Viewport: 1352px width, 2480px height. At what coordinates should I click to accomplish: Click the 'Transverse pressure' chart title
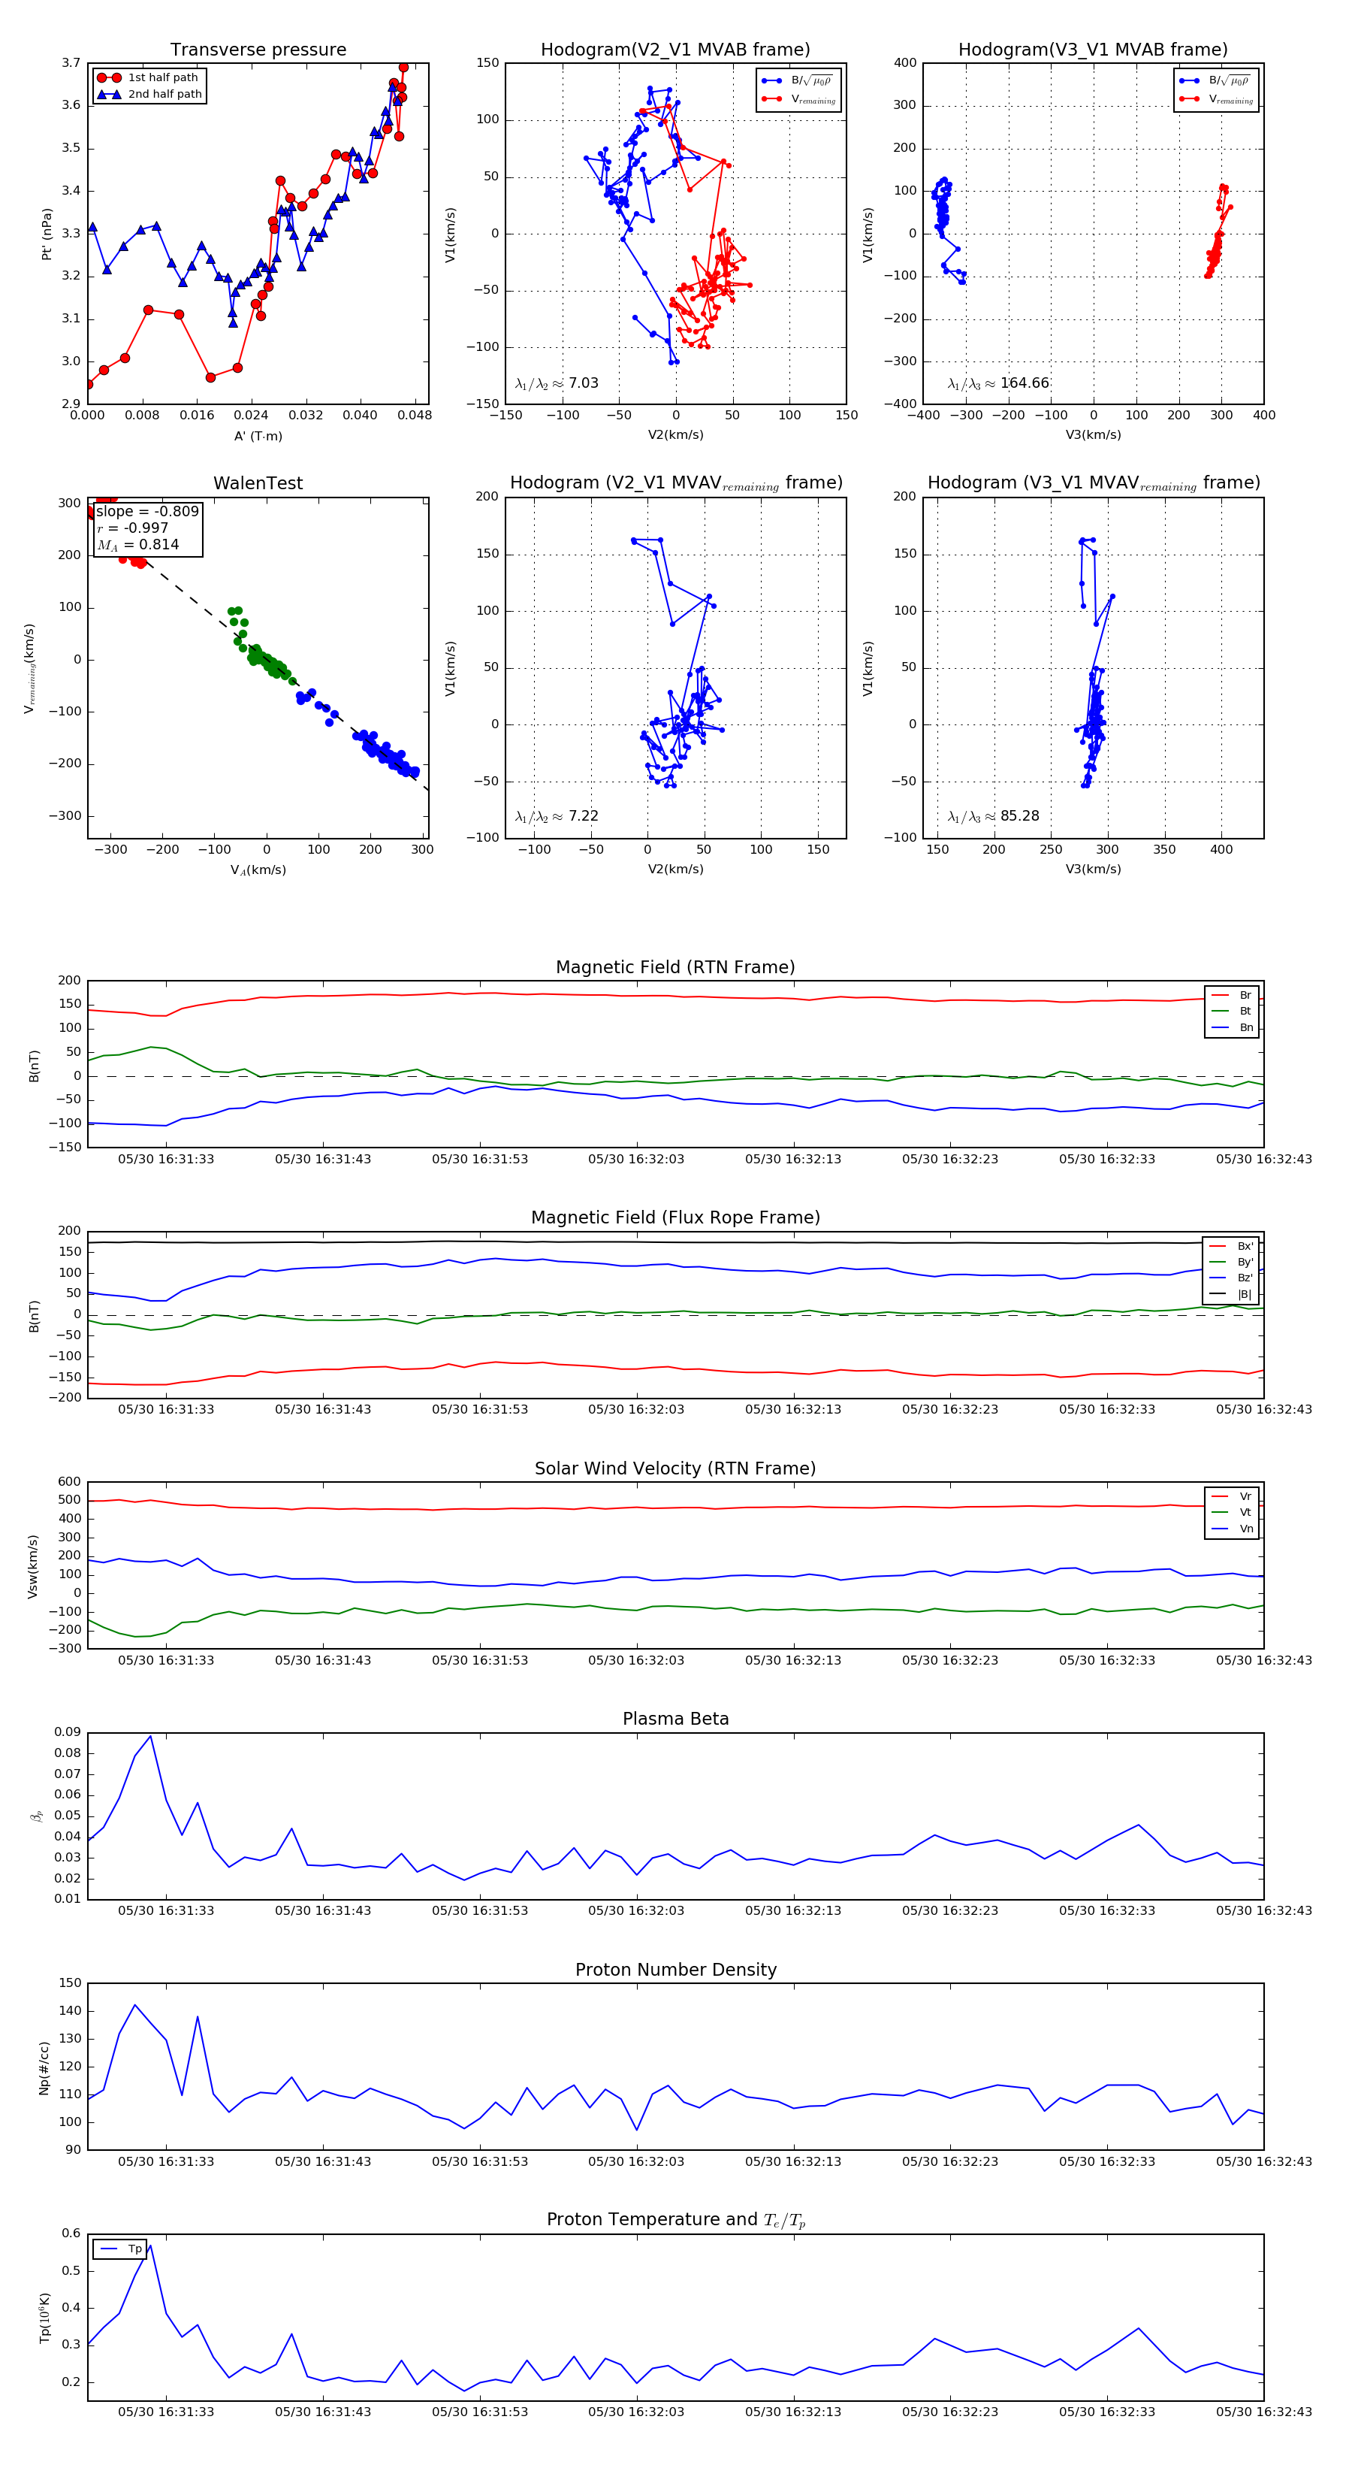point(258,50)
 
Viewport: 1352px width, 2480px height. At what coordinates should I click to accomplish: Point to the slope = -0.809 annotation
point(147,511)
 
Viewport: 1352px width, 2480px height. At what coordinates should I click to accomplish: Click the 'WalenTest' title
point(258,483)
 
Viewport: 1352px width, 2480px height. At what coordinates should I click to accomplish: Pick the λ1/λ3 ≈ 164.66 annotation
point(998,383)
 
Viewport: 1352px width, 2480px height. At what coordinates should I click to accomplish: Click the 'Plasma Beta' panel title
point(675,1719)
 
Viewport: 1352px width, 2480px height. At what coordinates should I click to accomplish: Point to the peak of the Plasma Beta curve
point(150,1736)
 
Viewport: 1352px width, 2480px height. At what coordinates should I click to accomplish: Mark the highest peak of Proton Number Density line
point(134,2005)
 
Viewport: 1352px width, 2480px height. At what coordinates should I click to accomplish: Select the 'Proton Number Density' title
point(675,1970)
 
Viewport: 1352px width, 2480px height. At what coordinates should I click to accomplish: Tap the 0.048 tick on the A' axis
point(415,416)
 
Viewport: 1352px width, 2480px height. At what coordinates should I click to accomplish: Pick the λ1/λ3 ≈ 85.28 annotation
point(993,816)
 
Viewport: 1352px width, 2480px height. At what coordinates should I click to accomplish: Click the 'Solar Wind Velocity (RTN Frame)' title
point(675,1468)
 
